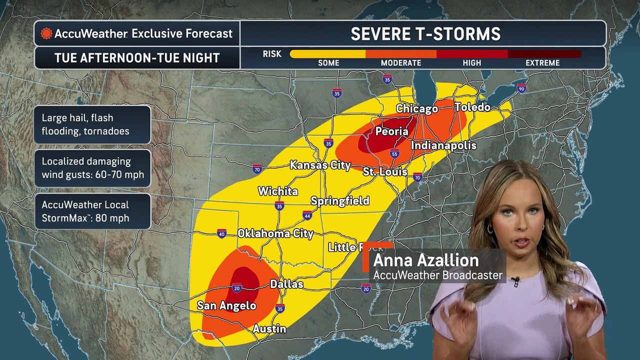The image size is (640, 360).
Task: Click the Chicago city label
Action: click(x=416, y=108)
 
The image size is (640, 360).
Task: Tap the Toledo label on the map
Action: click(x=472, y=107)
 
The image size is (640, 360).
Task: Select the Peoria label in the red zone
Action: click(x=391, y=131)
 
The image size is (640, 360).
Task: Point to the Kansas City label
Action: click(x=320, y=165)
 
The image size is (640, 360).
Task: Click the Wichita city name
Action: click(x=277, y=191)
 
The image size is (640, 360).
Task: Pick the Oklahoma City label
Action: click(x=275, y=233)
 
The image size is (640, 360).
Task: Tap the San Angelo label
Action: click(x=226, y=305)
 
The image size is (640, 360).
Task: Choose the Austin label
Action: click(x=269, y=328)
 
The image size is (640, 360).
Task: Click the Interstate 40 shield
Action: click(x=222, y=233)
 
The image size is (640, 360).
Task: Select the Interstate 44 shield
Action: click(x=307, y=215)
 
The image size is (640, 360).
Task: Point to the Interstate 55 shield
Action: click(x=394, y=154)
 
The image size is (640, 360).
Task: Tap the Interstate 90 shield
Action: click(x=521, y=88)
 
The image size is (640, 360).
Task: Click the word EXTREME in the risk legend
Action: click(x=542, y=63)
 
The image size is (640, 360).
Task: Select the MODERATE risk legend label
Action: click(x=401, y=63)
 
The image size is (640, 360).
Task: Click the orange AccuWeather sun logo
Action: click(x=46, y=33)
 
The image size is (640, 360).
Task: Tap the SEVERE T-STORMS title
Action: click(x=425, y=34)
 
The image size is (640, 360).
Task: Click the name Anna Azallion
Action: click(x=425, y=260)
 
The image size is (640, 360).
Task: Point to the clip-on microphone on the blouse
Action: click(x=515, y=281)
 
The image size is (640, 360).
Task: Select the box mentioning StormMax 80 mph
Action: click(x=92, y=211)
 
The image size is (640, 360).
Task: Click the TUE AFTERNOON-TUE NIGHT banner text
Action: click(x=137, y=58)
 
